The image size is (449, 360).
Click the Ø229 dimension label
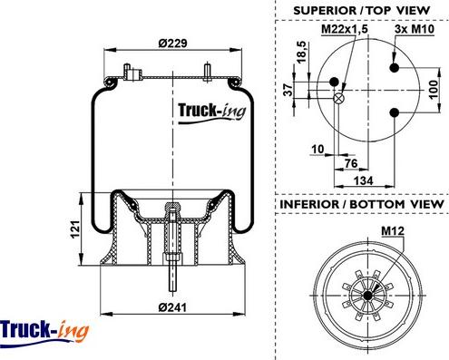(x=172, y=44)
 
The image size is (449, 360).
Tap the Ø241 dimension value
(x=172, y=307)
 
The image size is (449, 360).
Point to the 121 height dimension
(x=75, y=229)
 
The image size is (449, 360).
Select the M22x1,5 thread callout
(x=345, y=29)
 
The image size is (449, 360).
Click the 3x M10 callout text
(x=415, y=29)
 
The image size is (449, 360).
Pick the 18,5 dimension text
(x=301, y=52)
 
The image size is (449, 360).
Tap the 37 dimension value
(x=288, y=90)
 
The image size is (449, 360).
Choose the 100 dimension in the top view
(x=434, y=90)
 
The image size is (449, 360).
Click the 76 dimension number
(x=351, y=163)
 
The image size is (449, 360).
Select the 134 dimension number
(x=363, y=180)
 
